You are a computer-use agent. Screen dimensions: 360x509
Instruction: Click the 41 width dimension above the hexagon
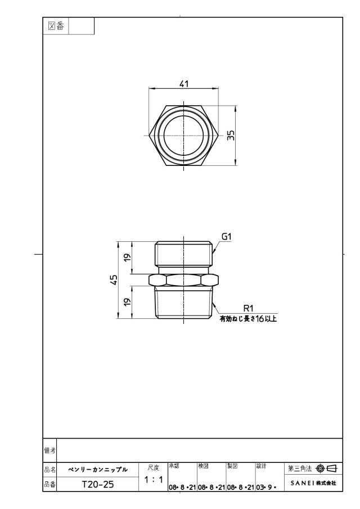[x=184, y=84]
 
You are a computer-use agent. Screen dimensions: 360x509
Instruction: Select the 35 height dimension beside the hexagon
[x=231, y=136]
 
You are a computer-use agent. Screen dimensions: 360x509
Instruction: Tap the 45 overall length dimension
[x=114, y=280]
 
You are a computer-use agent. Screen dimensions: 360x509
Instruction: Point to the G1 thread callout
[x=226, y=237]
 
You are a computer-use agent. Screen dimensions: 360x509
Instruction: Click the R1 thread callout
[x=248, y=308]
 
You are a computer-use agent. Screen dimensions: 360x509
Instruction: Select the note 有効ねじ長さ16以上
[x=248, y=319]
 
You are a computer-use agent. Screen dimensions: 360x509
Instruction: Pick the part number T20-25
[x=98, y=484]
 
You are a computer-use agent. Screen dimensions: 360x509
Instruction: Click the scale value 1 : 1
[x=154, y=479]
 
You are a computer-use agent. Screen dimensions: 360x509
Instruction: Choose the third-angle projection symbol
[x=327, y=469]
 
